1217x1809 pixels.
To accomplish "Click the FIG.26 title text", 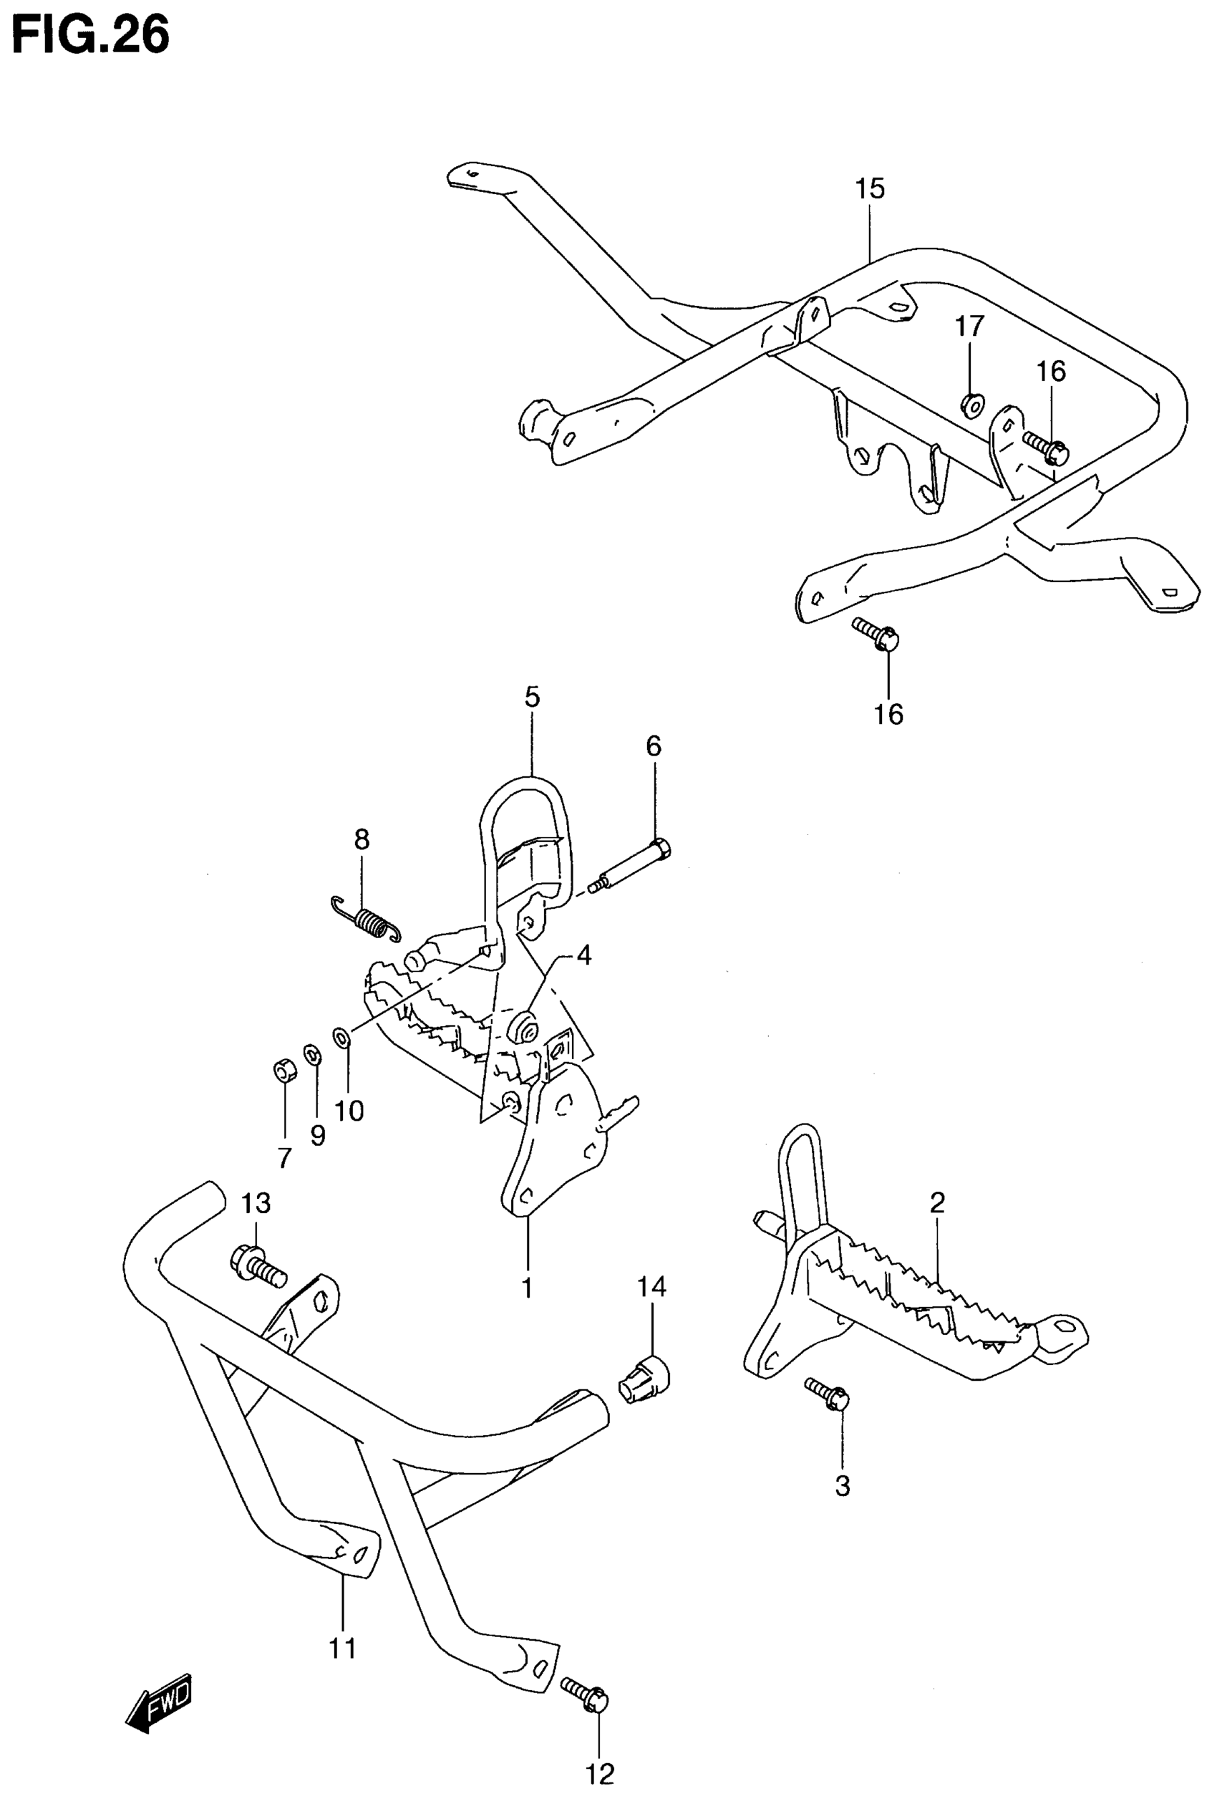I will (x=91, y=37).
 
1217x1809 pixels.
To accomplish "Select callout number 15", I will (x=870, y=188).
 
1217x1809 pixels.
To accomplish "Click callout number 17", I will (x=969, y=326).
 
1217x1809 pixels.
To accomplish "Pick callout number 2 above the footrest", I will (x=937, y=1202).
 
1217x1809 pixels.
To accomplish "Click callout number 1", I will (x=527, y=1288).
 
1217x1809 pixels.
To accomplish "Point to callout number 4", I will (x=583, y=955).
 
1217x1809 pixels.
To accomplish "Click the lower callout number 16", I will (x=888, y=713).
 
